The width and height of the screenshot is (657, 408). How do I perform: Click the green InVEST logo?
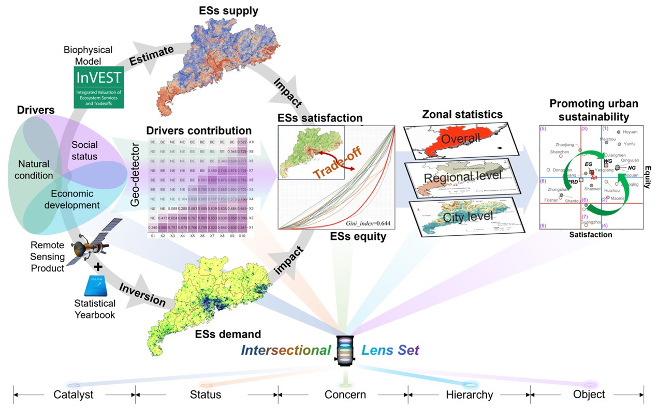(98, 87)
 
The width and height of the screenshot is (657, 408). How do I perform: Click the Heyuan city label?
(630, 132)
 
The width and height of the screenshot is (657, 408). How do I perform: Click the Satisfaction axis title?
(590, 235)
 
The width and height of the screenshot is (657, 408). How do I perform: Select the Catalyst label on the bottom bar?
(74, 395)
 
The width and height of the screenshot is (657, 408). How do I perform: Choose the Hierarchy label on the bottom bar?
(469, 395)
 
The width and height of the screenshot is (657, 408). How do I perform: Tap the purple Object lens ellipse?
(590, 385)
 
